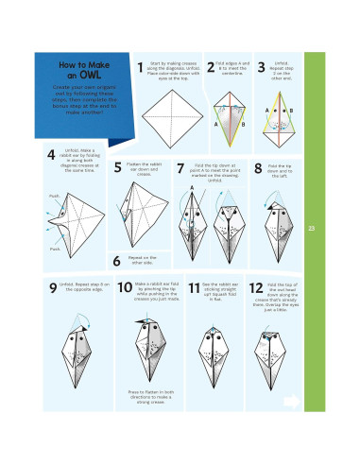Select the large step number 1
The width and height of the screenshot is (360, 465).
tap(140, 67)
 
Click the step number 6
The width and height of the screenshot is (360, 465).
tap(116, 261)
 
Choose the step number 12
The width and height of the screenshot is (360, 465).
tap(256, 288)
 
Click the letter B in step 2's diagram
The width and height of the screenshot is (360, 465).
tap(242, 124)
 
